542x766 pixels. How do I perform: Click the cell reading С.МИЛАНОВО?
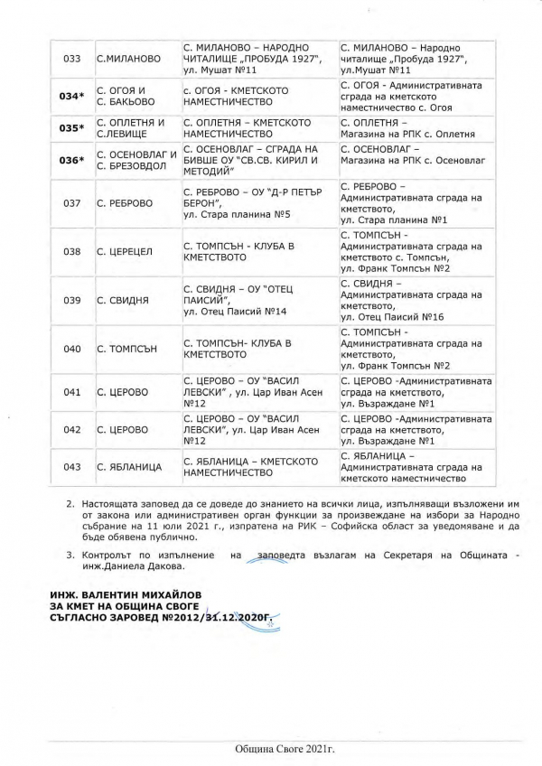(x=128, y=59)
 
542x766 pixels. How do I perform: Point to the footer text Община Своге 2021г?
(x=270, y=749)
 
